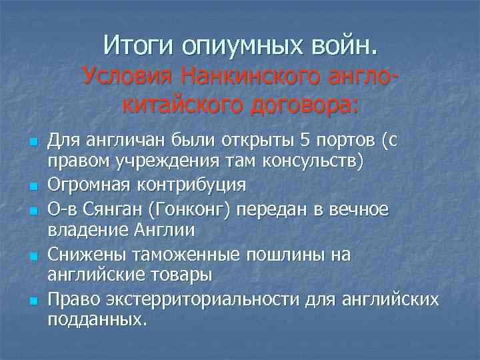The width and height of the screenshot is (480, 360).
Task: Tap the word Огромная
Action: click(86, 184)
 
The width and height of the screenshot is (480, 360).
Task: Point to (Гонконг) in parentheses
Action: click(189, 209)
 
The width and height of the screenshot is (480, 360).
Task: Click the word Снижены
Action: click(79, 254)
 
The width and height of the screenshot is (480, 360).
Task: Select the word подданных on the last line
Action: click(95, 320)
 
